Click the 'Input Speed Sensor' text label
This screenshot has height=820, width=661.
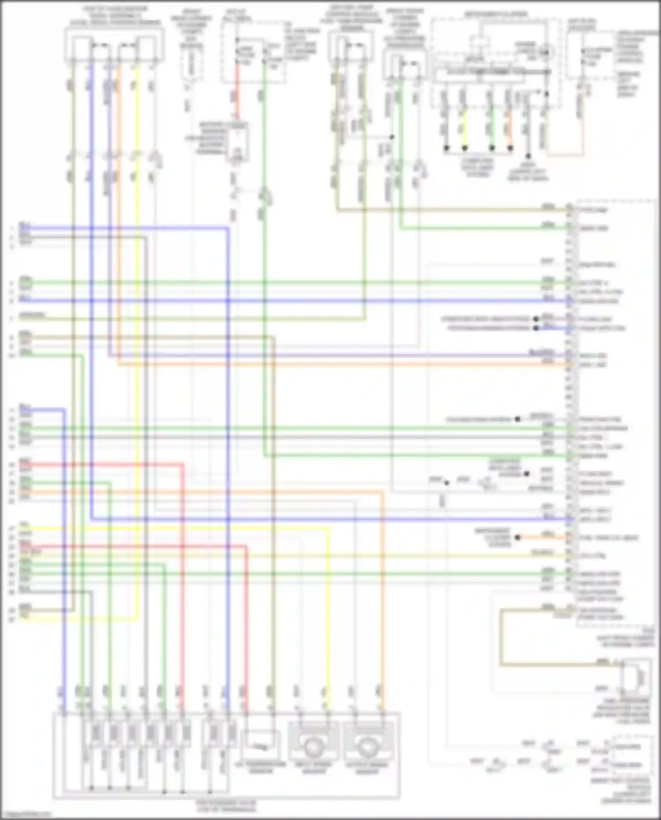(313, 768)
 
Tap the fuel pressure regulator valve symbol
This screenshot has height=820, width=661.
(637, 679)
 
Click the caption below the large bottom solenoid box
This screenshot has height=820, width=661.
(226, 806)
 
